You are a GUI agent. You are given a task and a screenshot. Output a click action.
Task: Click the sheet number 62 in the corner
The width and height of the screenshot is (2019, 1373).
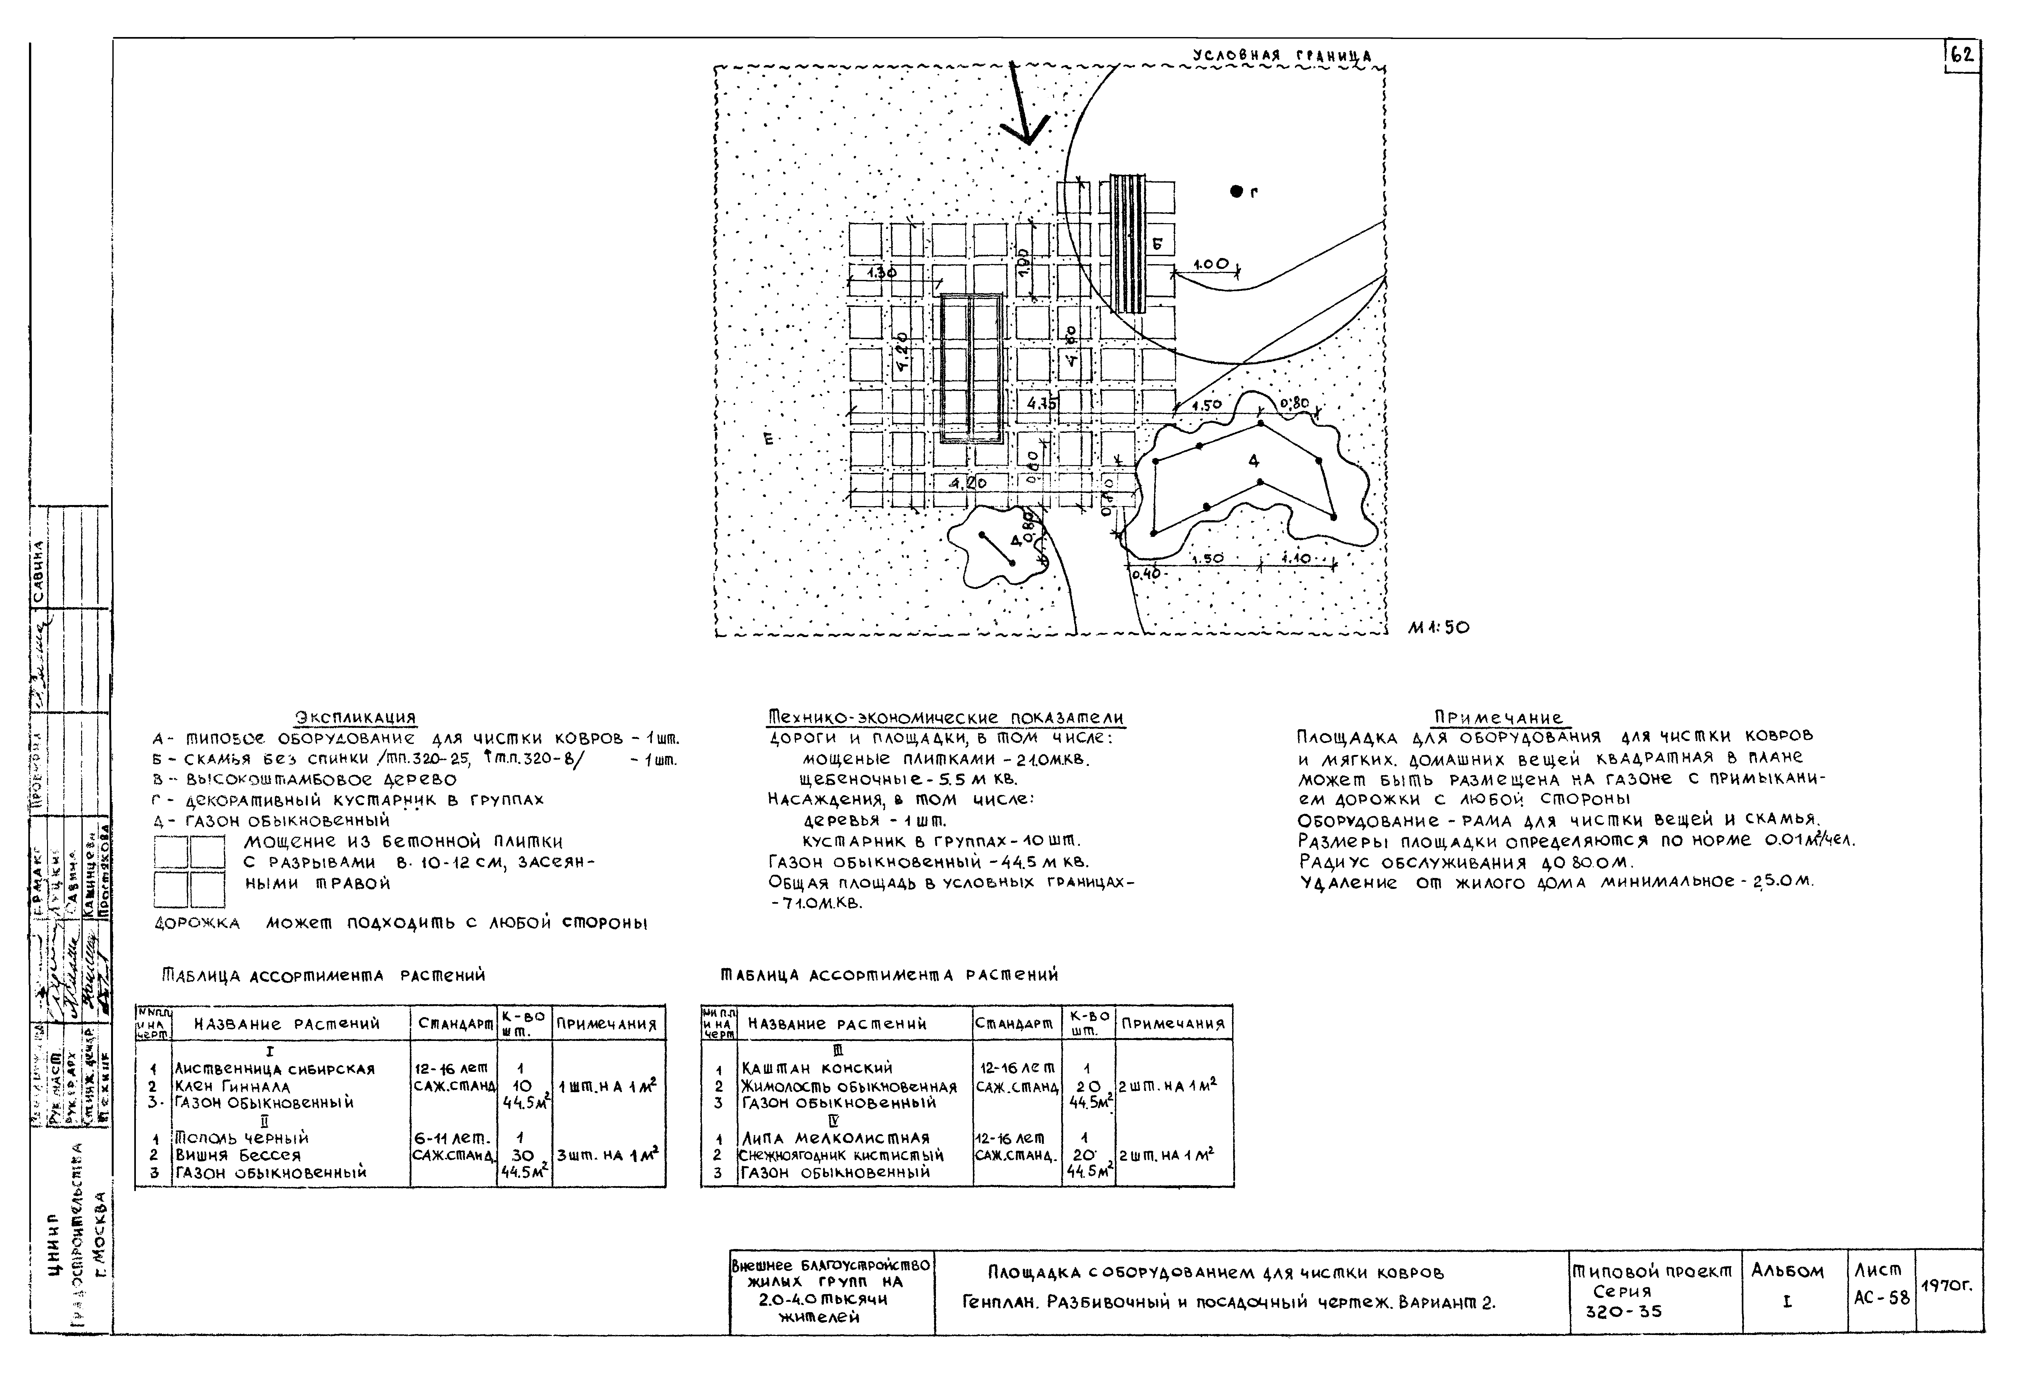(1962, 56)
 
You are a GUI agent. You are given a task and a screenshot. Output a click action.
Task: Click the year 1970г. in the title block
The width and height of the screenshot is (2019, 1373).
(1948, 1285)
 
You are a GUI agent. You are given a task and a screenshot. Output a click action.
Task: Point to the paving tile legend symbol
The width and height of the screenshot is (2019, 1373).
(189, 871)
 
